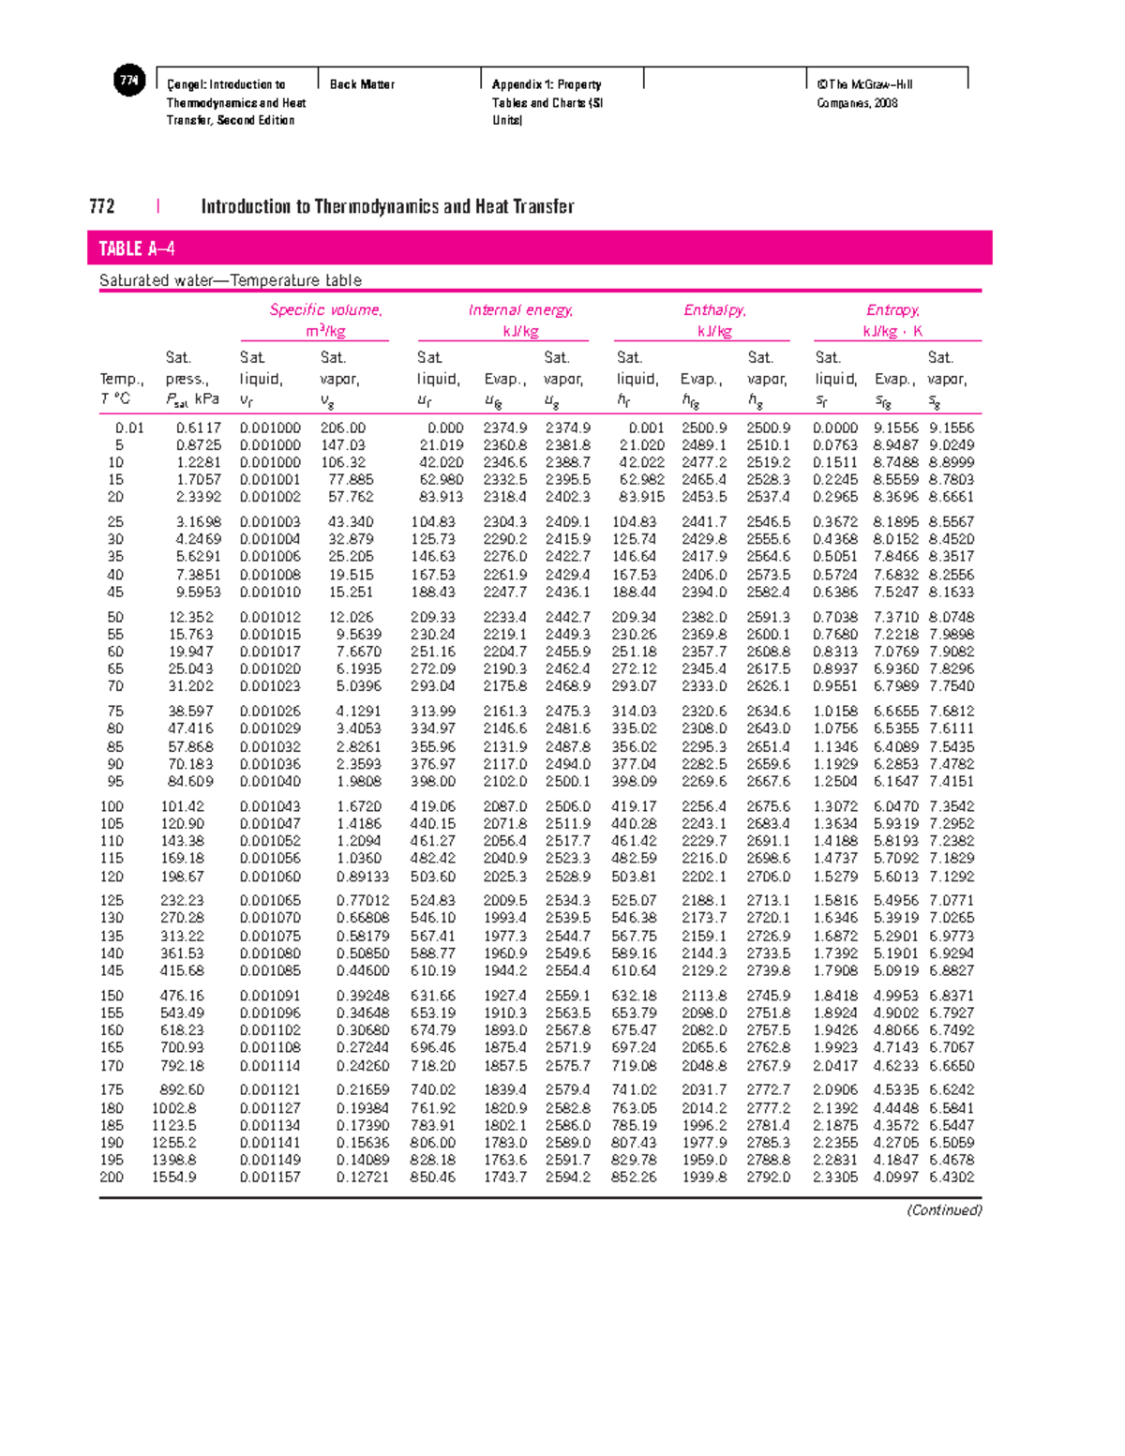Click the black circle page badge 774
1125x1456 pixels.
click(x=129, y=82)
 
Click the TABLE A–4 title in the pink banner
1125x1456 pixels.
click(x=137, y=248)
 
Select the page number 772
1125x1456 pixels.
click(x=101, y=206)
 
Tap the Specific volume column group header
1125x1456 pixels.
click(x=325, y=310)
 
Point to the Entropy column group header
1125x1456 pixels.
click(x=892, y=310)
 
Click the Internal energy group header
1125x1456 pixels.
click(x=520, y=310)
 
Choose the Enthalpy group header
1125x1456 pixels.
click(x=714, y=310)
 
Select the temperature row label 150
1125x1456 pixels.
click(x=112, y=996)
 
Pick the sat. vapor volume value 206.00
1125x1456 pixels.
click(x=346, y=428)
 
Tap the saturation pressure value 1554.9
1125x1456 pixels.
click(x=174, y=1177)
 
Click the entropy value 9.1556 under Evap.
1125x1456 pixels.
click(x=896, y=428)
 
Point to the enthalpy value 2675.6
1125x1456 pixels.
click(x=768, y=806)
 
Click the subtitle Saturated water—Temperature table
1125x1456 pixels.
click(x=231, y=280)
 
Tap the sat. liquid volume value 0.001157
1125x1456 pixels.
click(x=270, y=1177)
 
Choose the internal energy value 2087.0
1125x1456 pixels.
click(x=504, y=806)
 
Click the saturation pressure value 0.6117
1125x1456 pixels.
click(x=198, y=428)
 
